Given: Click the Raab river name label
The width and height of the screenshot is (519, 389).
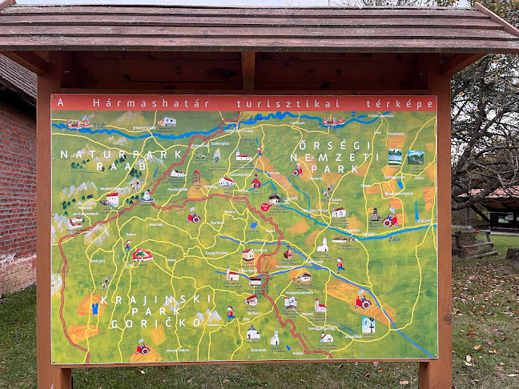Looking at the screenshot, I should click(x=99, y=126).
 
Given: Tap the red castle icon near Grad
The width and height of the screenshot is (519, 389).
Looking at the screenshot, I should click(x=143, y=255).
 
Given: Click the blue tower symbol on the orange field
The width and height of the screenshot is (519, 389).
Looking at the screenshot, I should click(x=95, y=307).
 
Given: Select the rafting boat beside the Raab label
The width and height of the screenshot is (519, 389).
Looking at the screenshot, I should click(x=78, y=123).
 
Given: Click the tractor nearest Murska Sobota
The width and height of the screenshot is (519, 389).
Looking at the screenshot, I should click(x=143, y=347).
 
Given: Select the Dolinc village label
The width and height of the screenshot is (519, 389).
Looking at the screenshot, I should click(x=131, y=235).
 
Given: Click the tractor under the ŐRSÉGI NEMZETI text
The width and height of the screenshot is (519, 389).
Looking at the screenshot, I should click(x=297, y=170).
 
